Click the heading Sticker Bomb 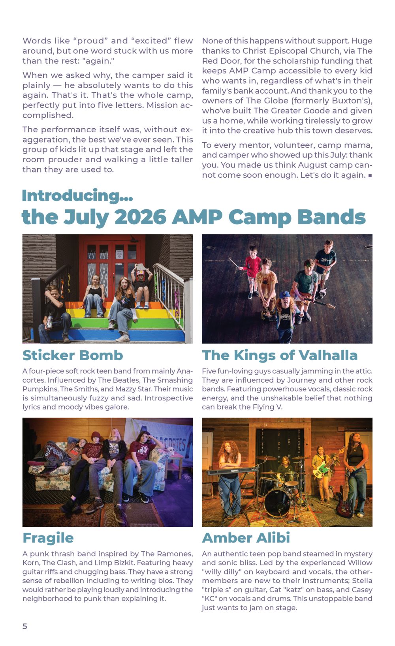73,355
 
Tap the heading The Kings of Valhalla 280,356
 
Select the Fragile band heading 48,538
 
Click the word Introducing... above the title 77,195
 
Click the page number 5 25,626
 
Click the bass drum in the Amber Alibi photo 277,502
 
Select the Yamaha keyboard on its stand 232,471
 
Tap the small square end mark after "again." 370,175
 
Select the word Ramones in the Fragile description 175,554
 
